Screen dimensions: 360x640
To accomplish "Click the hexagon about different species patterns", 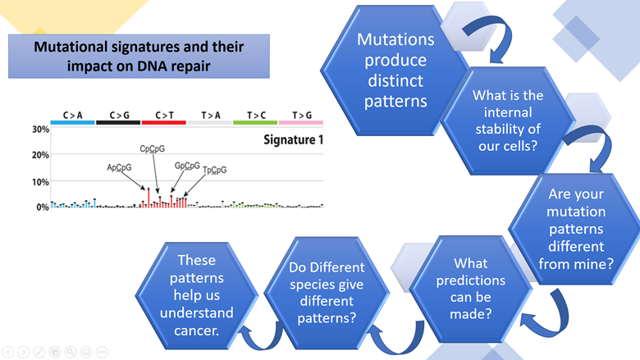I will (327, 292).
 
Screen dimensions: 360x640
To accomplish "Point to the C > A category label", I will (72, 116).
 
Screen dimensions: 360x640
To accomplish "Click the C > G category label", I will (118, 116).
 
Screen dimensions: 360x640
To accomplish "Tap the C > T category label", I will (164, 116).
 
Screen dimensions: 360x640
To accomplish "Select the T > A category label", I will (210, 116).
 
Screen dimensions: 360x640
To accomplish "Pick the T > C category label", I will (255, 116).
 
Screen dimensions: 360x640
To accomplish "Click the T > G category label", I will (301, 116).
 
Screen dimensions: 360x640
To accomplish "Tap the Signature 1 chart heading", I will (293, 140).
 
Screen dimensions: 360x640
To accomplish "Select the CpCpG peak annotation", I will (153, 149).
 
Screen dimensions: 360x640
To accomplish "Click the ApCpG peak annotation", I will (119, 167).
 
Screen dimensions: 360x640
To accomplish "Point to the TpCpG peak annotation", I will (214, 170).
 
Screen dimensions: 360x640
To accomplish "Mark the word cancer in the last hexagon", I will (197, 330).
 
